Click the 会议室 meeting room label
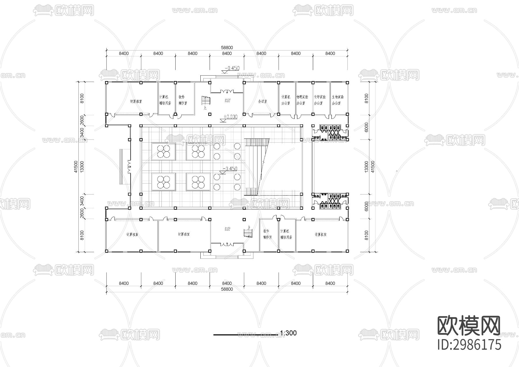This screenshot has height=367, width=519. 262,102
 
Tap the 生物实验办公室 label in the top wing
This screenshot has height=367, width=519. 338,100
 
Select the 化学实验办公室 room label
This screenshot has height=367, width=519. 320,100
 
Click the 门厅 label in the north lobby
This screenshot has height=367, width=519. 227,101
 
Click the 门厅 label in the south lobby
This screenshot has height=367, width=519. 227,229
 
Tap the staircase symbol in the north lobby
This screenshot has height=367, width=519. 206,101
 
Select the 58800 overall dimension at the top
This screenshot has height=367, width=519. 227,48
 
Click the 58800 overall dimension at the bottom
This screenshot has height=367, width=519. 227,289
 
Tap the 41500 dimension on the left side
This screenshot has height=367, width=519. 76,167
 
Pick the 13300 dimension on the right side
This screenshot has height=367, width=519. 366,167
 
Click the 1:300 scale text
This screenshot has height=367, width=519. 288,333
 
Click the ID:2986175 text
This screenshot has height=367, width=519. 469,344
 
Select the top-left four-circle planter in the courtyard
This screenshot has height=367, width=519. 163,151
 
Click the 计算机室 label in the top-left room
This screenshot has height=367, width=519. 136,102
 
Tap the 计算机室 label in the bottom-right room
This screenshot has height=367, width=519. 320,235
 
